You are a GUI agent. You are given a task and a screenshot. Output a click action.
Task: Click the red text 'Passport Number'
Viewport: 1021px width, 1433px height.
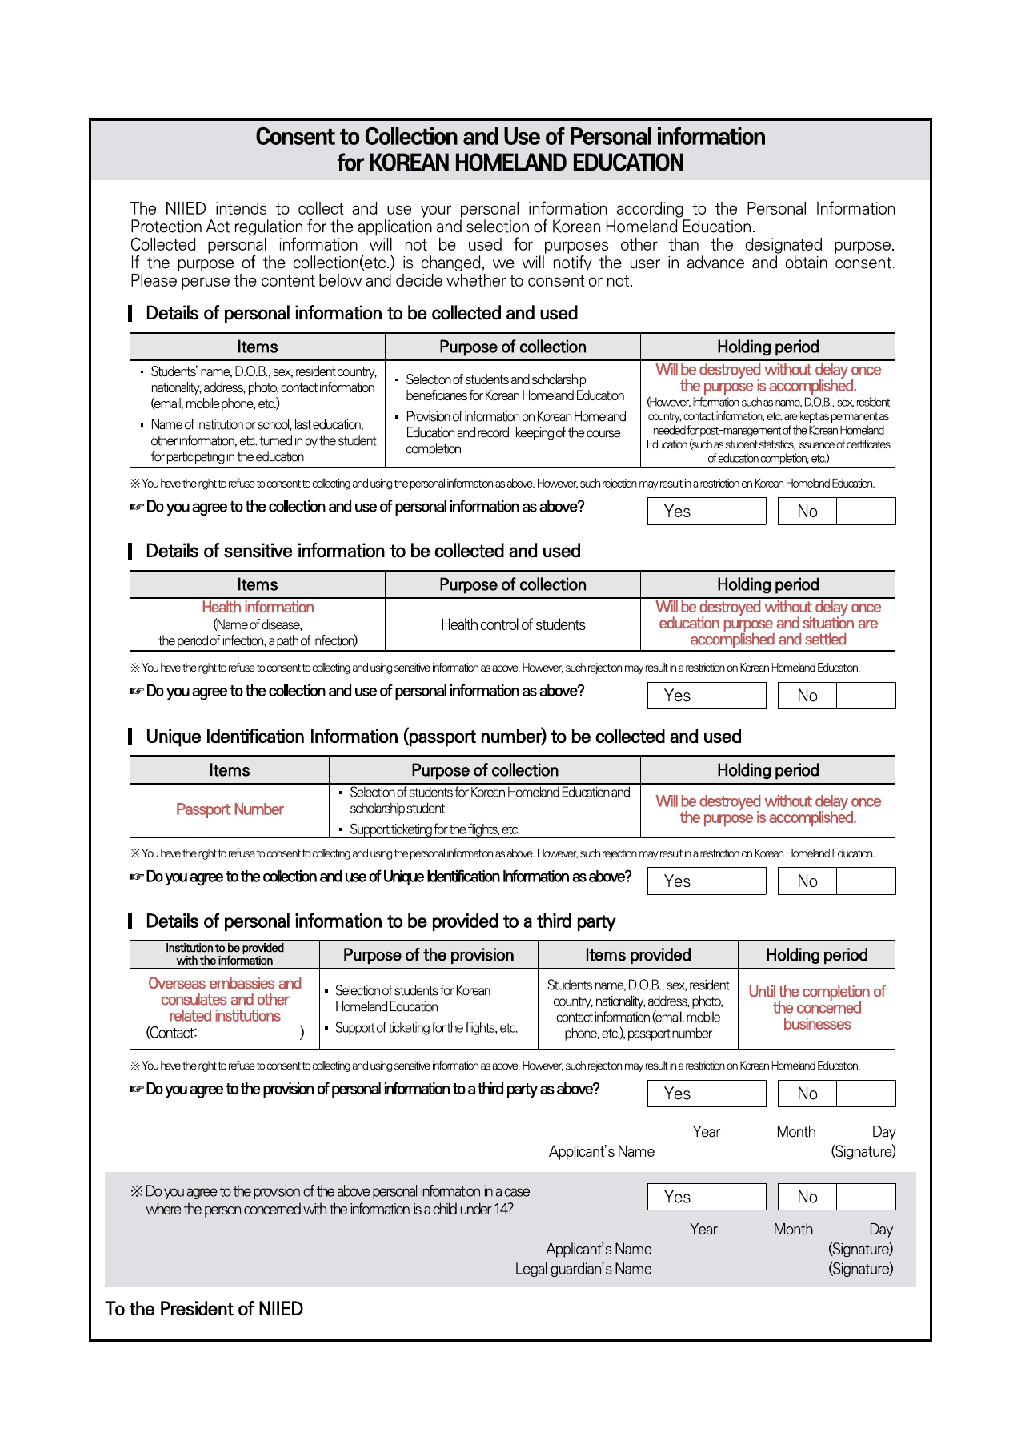(230, 809)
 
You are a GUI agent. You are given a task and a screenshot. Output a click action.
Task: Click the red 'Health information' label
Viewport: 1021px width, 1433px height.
(258, 608)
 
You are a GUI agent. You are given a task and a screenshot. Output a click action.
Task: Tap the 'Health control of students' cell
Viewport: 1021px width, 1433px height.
(513, 625)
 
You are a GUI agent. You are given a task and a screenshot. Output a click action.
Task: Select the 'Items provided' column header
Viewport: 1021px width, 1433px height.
(638, 955)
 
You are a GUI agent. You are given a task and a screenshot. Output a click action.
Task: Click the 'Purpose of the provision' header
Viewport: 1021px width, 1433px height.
(428, 955)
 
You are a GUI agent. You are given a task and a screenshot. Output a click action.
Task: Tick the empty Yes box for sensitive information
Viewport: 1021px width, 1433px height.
(736, 696)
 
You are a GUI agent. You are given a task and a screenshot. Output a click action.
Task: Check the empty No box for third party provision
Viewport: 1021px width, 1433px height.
(866, 1094)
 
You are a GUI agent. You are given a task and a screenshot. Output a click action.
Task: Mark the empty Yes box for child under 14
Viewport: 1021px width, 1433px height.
(736, 1197)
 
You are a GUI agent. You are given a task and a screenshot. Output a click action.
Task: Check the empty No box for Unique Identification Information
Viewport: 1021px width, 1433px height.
(866, 881)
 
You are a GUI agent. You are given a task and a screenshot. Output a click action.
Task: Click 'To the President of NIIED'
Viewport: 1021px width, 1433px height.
(204, 1309)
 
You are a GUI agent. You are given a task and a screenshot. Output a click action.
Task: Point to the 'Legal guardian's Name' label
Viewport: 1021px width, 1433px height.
(583, 1269)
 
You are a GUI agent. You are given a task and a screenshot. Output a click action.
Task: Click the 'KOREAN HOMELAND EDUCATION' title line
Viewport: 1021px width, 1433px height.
(510, 163)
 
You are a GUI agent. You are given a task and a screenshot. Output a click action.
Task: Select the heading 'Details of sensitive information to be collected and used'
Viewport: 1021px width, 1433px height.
(362, 552)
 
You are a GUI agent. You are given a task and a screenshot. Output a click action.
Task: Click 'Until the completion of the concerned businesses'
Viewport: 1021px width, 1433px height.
(817, 1008)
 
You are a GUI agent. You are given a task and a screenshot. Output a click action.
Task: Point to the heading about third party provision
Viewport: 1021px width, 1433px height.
(380, 921)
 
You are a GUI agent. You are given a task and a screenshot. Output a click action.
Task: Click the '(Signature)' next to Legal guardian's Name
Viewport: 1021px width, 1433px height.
(860, 1269)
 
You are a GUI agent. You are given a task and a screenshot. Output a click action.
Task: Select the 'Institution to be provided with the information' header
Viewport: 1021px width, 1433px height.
(225, 954)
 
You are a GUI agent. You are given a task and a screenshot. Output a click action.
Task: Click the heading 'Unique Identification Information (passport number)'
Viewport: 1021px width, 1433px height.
(443, 737)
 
